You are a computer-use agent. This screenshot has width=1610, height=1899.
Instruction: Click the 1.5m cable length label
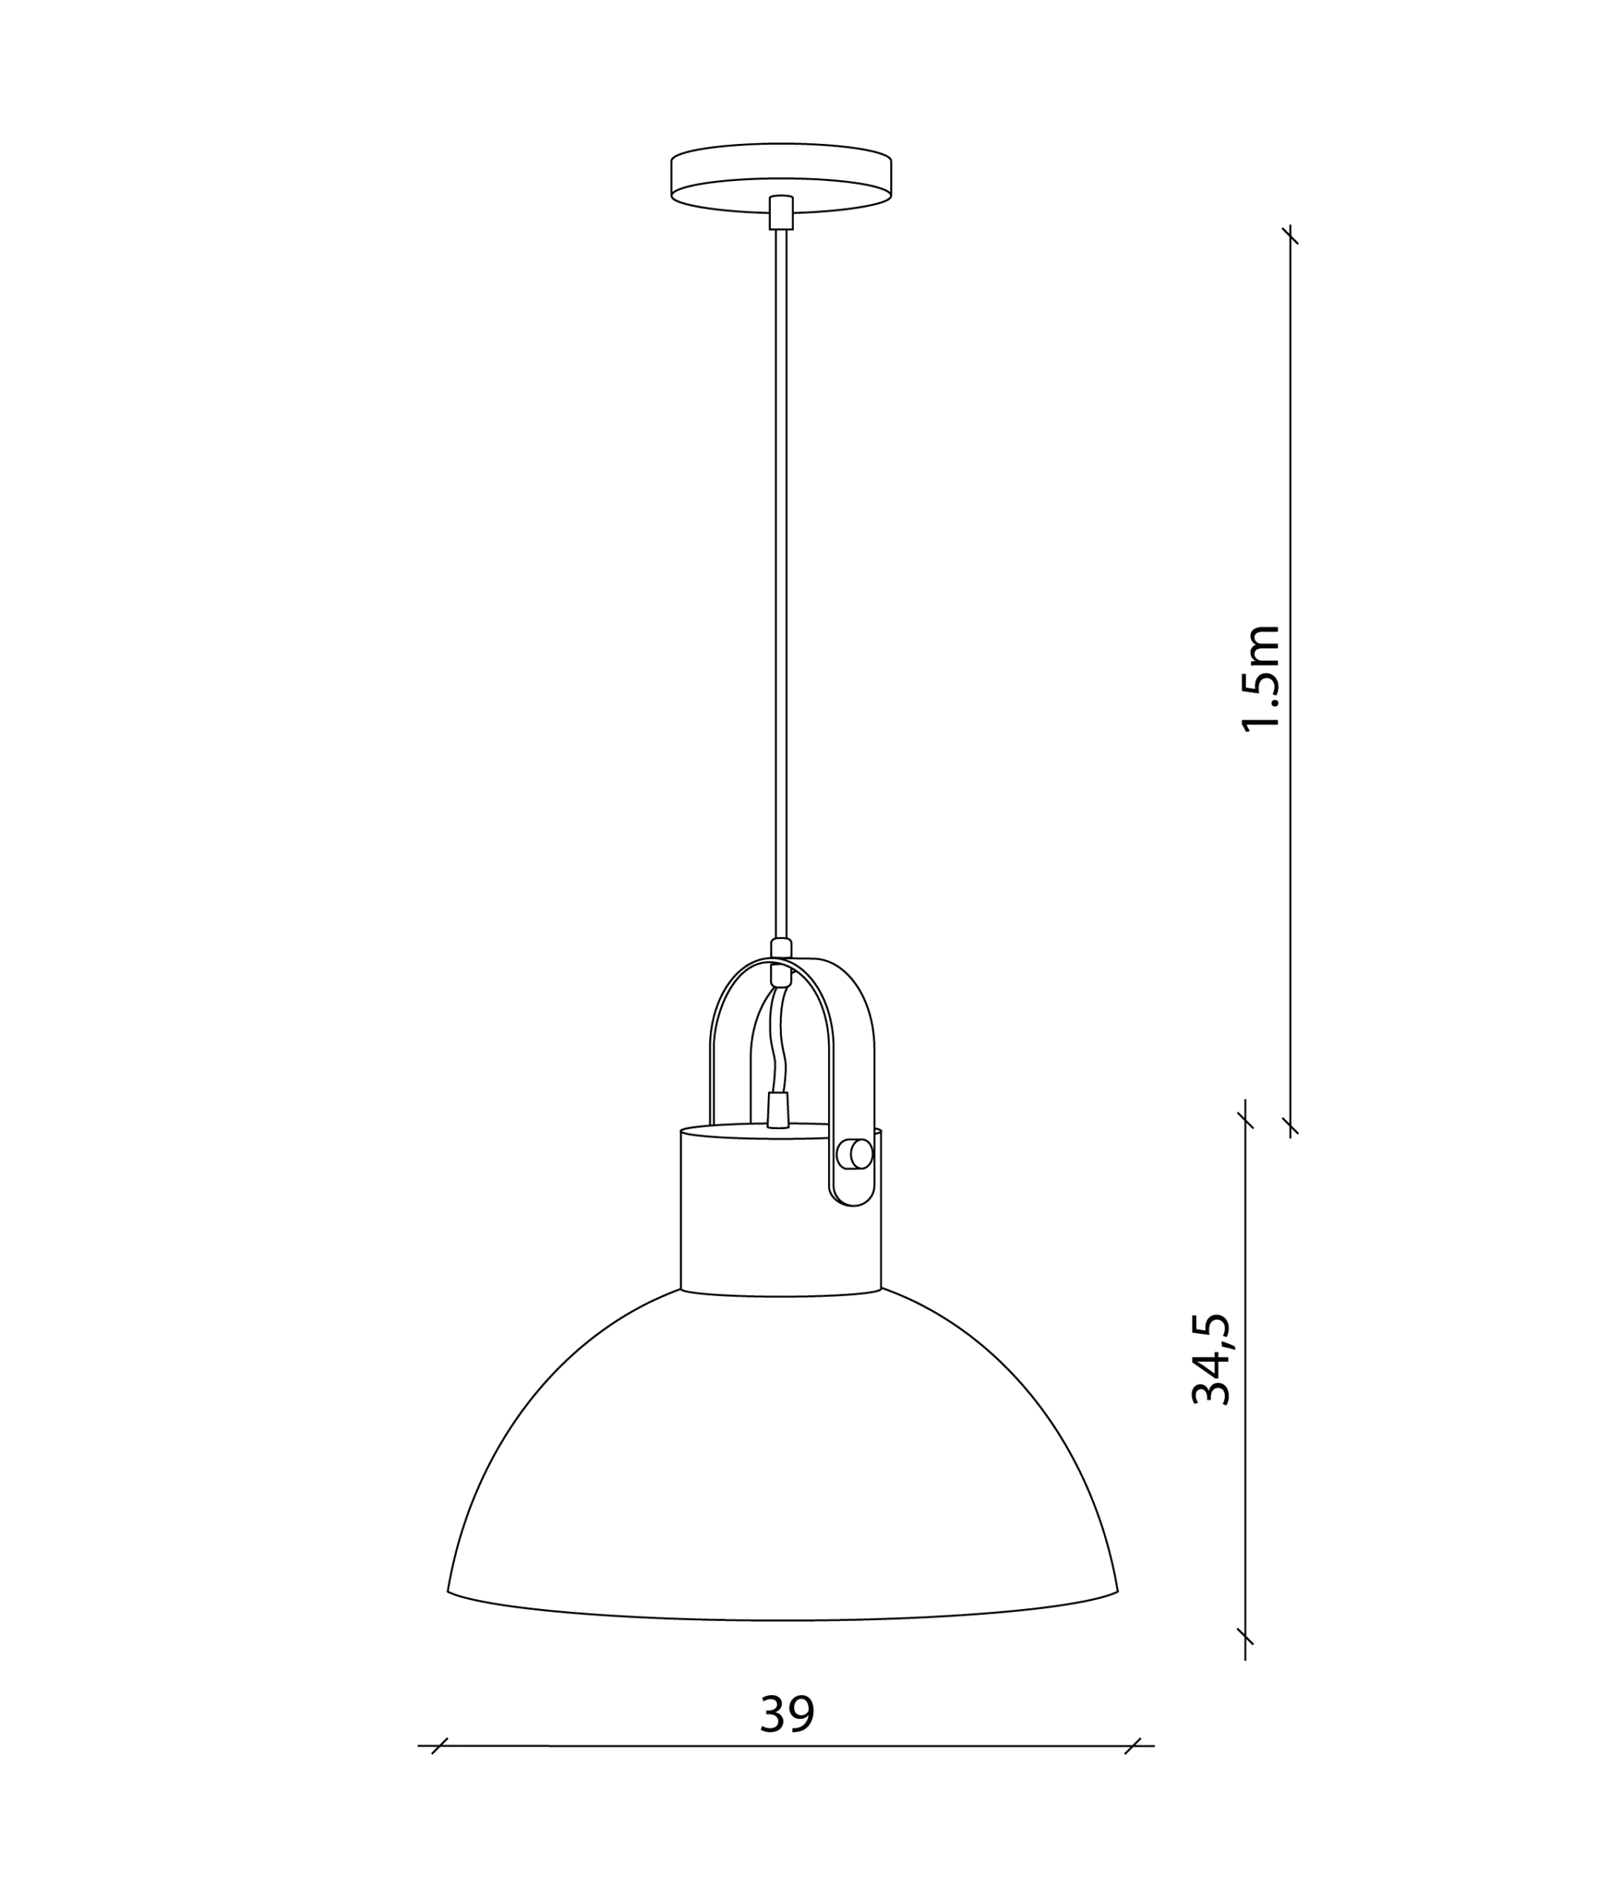pos(1261,679)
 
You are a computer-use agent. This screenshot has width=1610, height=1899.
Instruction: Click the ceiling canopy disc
pos(781,178)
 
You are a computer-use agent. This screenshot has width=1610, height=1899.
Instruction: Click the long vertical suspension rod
pos(781,584)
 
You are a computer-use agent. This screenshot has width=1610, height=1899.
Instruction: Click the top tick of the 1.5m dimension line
pos(1289,235)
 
